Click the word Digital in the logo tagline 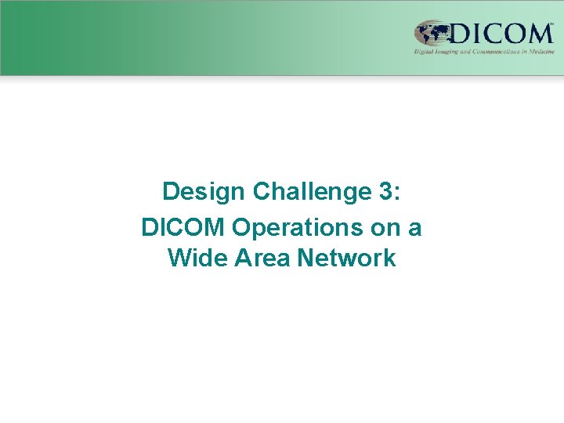(424, 52)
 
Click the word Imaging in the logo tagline (447, 52)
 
